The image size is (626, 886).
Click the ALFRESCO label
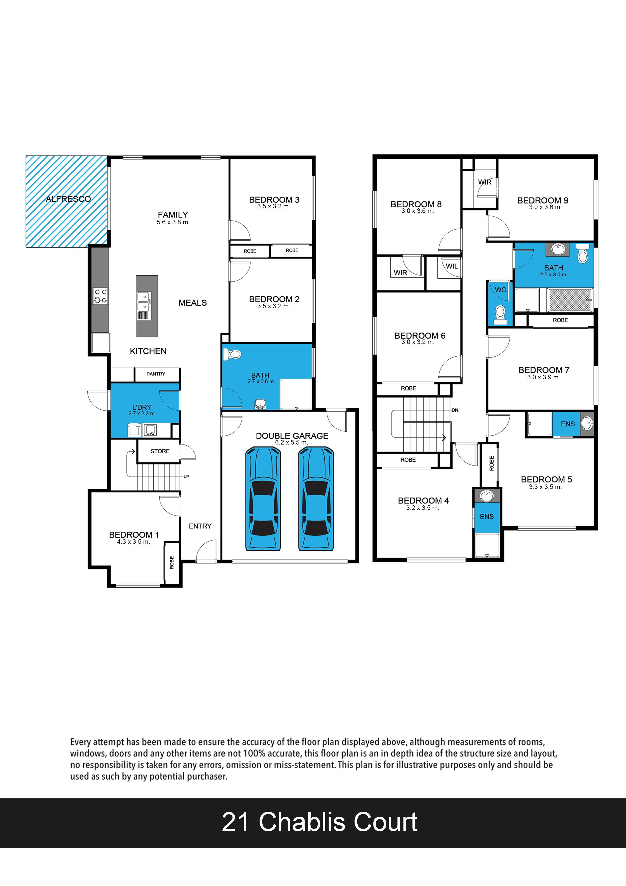coord(68,199)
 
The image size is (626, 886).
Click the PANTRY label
coord(156,374)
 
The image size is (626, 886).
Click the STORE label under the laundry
coord(160,451)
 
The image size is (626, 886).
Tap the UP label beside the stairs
coord(186,477)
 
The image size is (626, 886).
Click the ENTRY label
coord(200,526)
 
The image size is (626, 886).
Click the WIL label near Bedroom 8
coord(452,266)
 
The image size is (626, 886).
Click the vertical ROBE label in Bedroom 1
coord(172,563)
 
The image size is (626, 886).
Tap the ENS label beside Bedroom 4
coord(487,517)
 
